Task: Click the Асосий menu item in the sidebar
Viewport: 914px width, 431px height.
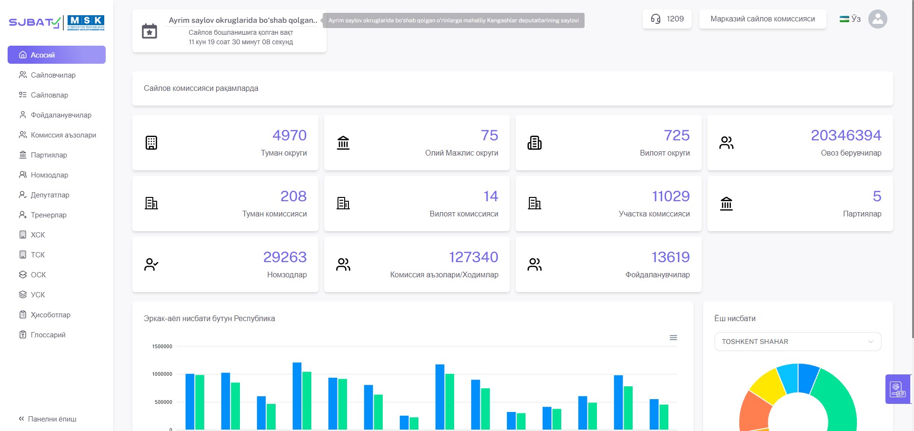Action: (57, 55)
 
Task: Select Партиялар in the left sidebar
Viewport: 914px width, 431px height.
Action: (43, 155)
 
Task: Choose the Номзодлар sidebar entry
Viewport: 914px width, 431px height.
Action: (44, 175)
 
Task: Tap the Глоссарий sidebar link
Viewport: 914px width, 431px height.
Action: (42, 335)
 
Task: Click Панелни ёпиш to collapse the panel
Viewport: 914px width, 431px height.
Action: (48, 419)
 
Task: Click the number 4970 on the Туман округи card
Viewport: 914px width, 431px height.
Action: (289, 136)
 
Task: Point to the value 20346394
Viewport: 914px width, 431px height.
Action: (846, 136)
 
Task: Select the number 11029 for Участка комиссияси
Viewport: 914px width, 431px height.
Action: (671, 196)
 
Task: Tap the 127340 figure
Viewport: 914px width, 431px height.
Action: (474, 257)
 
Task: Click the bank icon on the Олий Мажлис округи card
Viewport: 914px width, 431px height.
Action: (343, 143)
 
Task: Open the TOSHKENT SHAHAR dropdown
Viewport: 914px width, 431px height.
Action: (798, 342)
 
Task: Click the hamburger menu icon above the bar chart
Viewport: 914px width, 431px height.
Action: (673, 338)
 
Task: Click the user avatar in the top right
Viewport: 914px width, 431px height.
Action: (878, 19)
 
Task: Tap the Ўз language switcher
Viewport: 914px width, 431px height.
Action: (850, 19)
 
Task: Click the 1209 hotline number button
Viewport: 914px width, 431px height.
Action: (667, 19)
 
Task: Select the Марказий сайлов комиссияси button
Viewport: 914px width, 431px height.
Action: (763, 19)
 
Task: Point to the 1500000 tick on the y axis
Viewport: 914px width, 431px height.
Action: (162, 346)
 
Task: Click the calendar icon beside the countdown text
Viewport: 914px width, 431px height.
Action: (149, 31)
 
